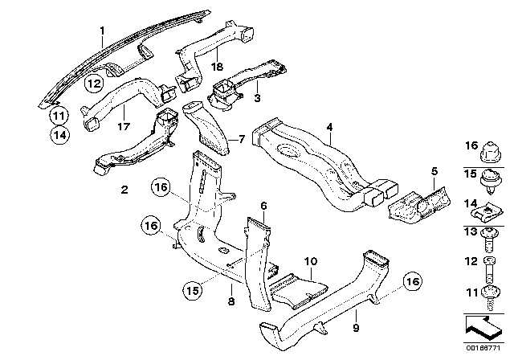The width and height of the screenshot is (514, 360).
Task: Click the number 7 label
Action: (x=239, y=139)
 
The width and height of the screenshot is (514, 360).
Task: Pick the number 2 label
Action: (x=124, y=190)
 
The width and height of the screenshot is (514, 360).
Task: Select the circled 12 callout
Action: (x=95, y=83)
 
